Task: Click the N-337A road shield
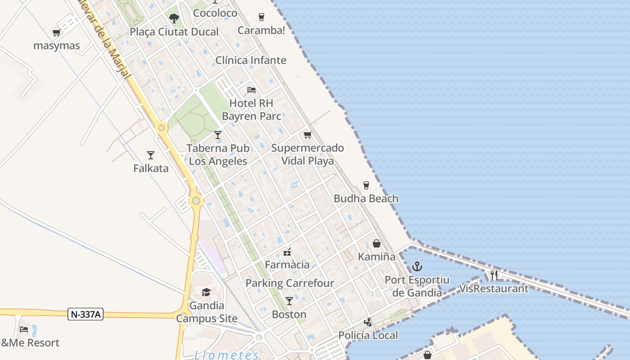pos(85,314)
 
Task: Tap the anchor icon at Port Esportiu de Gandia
pos(417,267)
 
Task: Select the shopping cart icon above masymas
pos(56,32)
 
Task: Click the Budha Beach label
pos(366,198)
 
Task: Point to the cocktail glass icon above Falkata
pos(151,155)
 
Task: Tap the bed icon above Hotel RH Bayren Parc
pos(252,90)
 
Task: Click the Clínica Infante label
pos(251,60)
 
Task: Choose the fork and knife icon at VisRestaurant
pos(494,275)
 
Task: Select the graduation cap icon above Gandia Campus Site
pos(206,292)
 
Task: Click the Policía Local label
pos(368,335)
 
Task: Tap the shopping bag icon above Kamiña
pos(377,243)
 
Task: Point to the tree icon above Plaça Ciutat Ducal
pos(174,18)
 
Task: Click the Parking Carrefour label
pos(290,283)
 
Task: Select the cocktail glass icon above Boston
pos(289,301)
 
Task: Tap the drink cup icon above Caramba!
pos(261,17)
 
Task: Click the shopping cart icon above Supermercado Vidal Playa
pos(308,135)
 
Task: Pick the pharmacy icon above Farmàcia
pos(287,252)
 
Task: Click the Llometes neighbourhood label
pos(227,355)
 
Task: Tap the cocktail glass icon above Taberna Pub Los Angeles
pos(218,135)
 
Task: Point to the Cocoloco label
pos(215,13)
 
